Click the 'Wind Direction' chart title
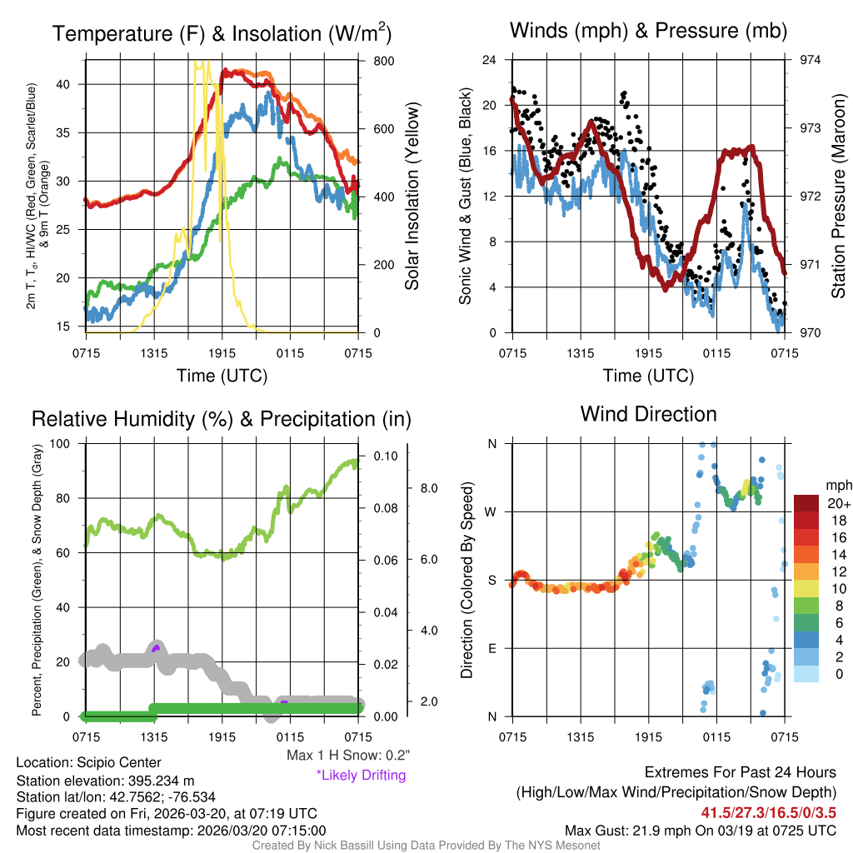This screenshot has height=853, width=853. pos(648,414)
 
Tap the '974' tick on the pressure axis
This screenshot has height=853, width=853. pos(810,60)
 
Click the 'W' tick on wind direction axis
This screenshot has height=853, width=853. pos(492,511)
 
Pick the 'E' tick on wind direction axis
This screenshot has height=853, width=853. pos(492,648)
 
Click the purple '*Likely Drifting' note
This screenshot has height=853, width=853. pos(361,775)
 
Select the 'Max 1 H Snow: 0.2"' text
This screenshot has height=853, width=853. pos(347,755)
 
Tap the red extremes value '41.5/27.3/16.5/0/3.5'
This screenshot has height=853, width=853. pos(768,811)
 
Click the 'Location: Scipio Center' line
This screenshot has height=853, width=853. pos(88,762)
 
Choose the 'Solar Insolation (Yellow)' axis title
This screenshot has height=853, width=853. pos(412,197)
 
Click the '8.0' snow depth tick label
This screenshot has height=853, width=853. pos(428,487)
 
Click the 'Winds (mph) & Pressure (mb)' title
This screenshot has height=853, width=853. pos(648,32)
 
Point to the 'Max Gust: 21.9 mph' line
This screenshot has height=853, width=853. pos(700,830)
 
